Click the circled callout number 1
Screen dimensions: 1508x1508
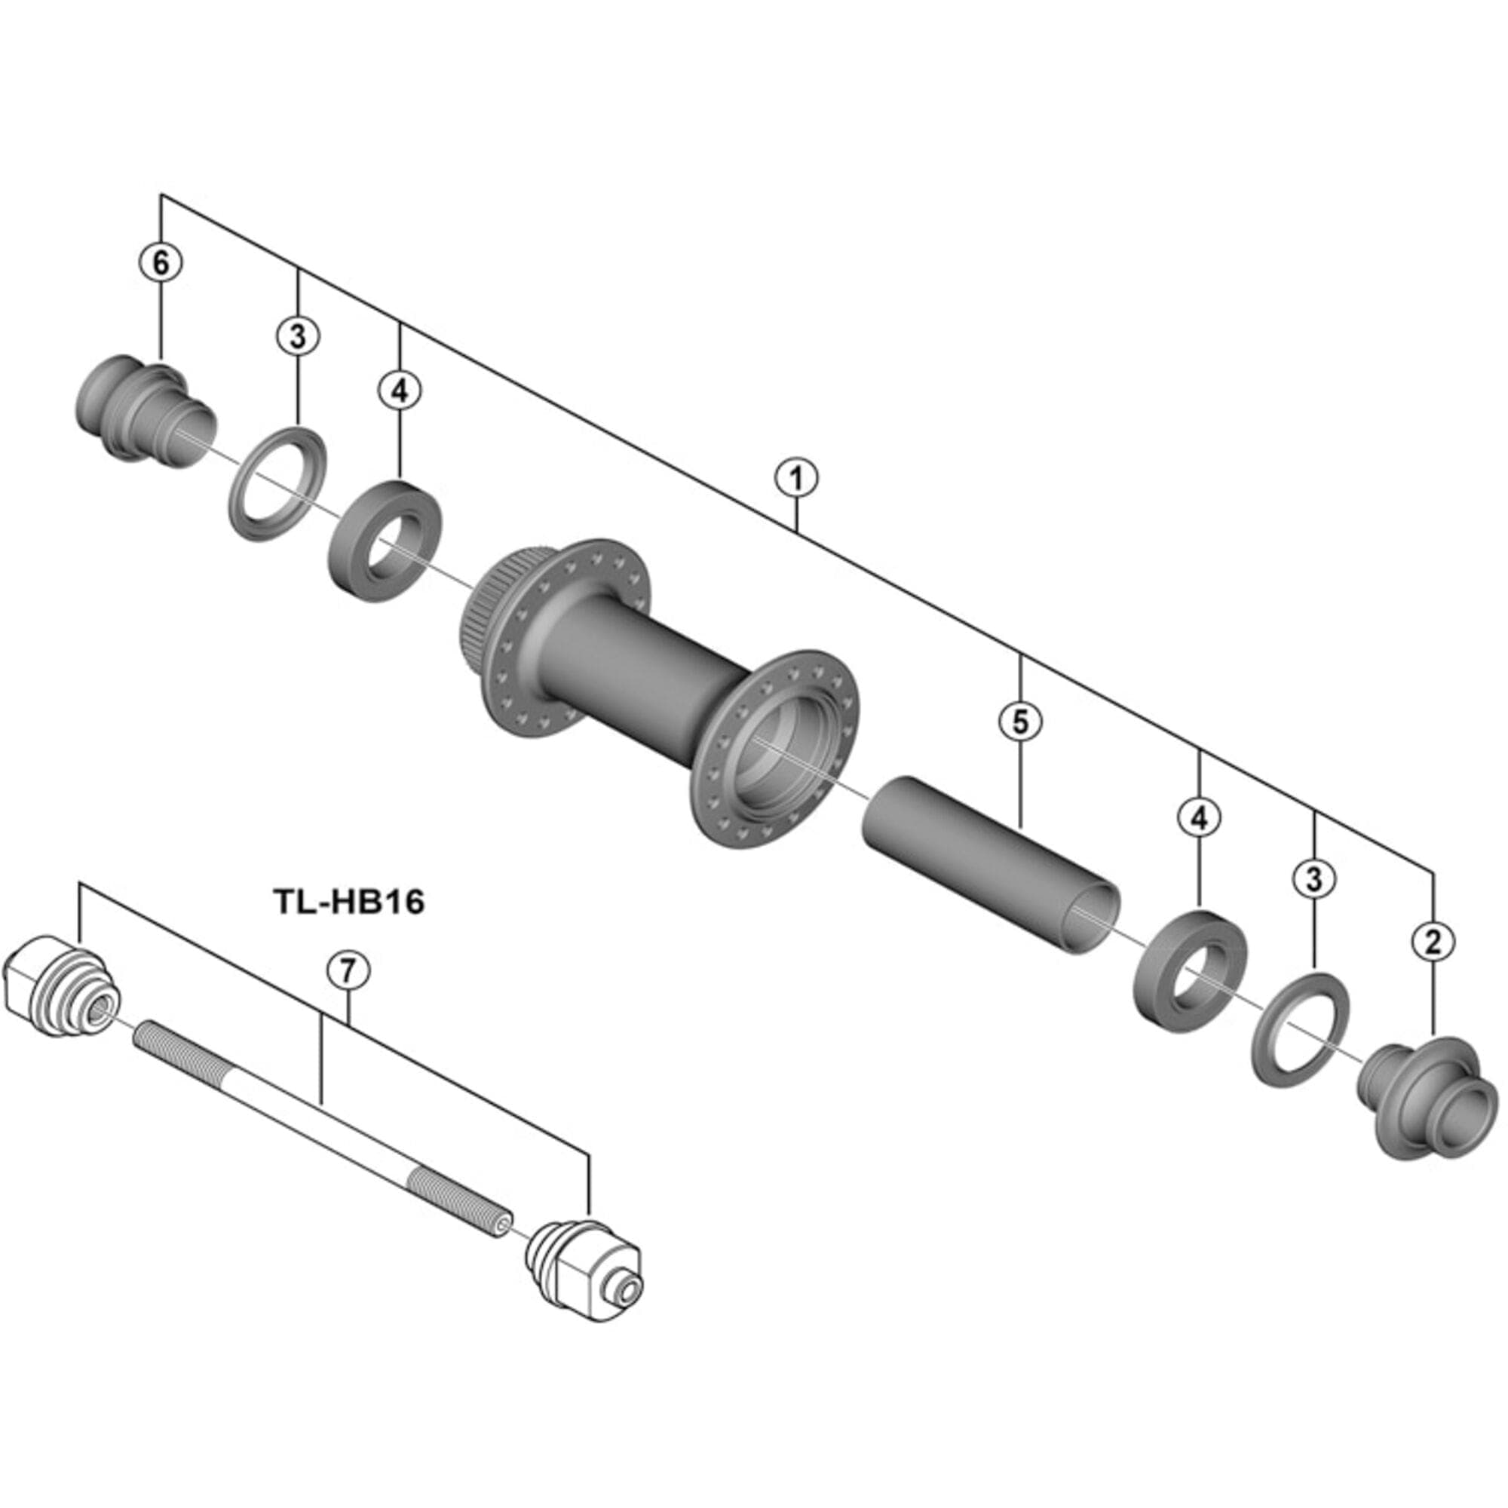(796, 479)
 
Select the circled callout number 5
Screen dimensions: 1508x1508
(1021, 722)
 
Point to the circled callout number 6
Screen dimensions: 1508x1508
(161, 263)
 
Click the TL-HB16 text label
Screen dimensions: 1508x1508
(350, 903)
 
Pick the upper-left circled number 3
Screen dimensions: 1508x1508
(298, 336)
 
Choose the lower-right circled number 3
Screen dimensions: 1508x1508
(1314, 879)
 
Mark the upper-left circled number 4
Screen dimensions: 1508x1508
(400, 391)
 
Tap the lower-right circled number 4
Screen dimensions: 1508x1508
(1199, 817)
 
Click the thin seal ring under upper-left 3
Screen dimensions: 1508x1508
(277, 482)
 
